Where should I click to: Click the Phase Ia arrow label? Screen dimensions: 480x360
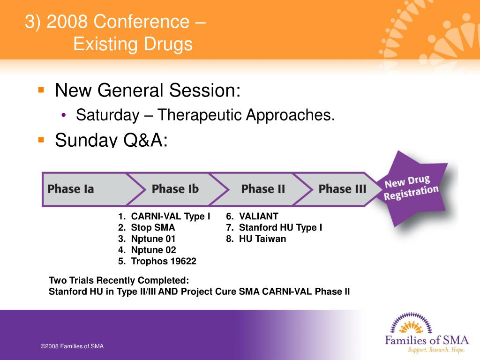tap(71, 189)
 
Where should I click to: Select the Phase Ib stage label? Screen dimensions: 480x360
tap(175, 189)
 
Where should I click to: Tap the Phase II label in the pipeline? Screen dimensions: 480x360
tap(263, 189)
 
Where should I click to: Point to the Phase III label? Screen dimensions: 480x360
tap(342, 189)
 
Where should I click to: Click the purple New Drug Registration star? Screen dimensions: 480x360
tap(412, 188)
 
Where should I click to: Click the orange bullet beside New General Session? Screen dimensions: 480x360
tap(41, 90)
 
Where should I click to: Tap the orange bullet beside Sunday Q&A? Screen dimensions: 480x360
tap(41, 140)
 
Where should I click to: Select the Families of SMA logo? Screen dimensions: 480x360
tap(427, 332)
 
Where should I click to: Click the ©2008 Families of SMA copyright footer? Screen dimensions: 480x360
tap(72, 346)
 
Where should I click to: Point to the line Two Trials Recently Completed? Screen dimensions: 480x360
tap(119, 280)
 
